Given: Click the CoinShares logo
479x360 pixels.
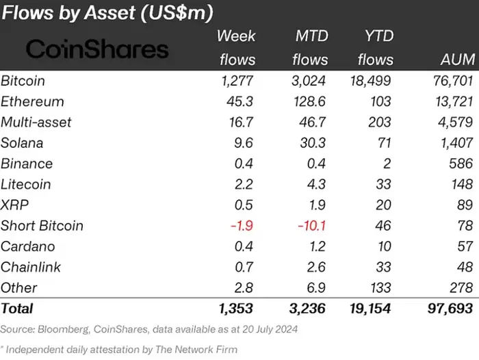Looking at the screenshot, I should [x=97, y=49].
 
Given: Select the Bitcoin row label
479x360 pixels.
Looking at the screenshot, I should [x=23, y=81].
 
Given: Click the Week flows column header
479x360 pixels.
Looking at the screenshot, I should [x=237, y=48].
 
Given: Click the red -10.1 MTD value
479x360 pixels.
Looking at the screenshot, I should [x=310, y=226].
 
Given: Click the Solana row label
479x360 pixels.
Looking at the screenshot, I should [x=22, y=143].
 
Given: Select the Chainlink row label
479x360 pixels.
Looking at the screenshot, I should [x=29, y=267].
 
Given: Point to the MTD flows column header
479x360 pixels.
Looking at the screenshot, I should [x=311, y=48].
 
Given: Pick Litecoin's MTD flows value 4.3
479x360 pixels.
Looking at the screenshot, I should [x=315, y=184].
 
